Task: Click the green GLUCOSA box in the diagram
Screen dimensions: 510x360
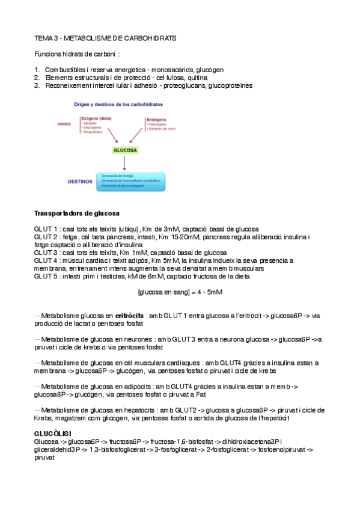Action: click(x=124, y=150)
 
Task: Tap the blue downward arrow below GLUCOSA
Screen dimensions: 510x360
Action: click(x=124, y=164)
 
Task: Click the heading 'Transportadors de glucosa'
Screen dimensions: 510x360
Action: click(x=76, y=213)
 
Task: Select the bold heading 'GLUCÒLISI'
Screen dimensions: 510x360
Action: click(x=52, y=434)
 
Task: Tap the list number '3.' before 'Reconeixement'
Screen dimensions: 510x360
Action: click(x=37, y=85)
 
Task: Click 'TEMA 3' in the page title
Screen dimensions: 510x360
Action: click(x=46, y=38)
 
